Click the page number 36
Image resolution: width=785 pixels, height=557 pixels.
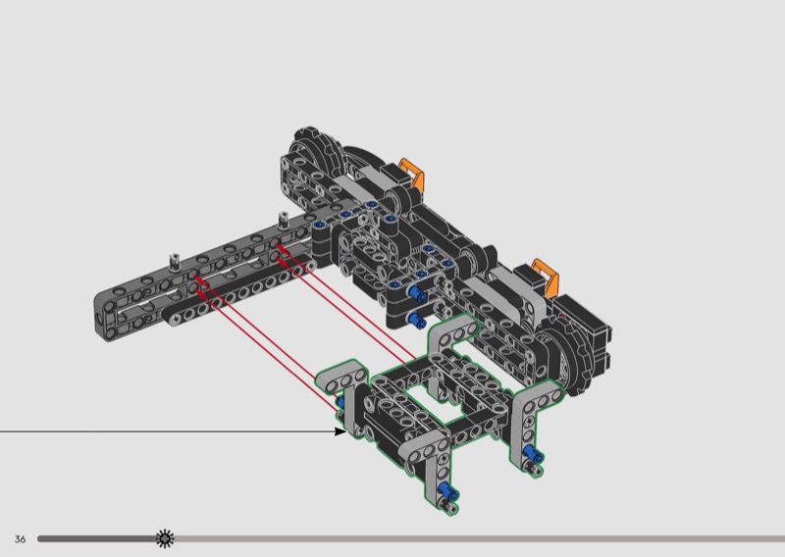(20, 539)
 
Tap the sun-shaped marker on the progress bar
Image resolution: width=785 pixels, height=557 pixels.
(165, 539)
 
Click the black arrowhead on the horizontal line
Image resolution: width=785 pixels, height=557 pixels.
(340, 430)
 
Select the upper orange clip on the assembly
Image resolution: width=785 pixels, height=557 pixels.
(412, 174)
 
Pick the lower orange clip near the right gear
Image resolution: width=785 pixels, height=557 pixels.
(546, 277)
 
